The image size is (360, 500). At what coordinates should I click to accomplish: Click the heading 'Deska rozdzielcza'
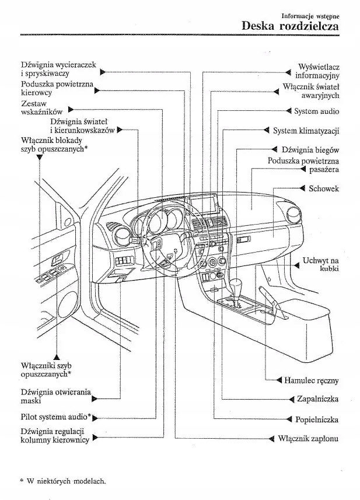coord(290,27)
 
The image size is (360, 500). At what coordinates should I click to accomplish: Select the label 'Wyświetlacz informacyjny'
coord(317,71)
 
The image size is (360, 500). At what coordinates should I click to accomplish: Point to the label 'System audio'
coord(316,111)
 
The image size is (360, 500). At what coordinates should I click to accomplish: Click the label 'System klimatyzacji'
coord(306,130)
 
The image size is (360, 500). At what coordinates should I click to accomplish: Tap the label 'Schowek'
coord(324,188)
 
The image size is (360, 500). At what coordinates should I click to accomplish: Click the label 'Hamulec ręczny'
coord(312,380)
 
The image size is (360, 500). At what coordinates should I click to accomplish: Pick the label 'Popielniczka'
coord(317,419)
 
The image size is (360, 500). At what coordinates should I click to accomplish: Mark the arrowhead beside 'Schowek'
coord(304,188)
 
